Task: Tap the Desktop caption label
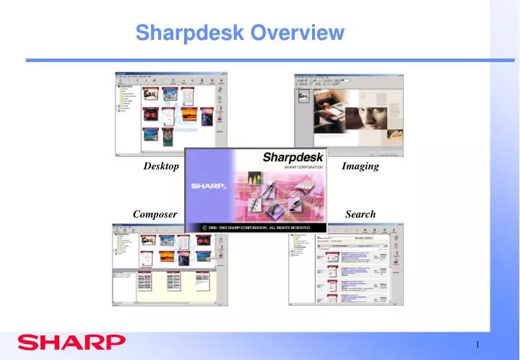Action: [161, 166]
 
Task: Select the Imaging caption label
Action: [360, 166]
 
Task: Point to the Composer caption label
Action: [155, 214]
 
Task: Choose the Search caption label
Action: [360, 214]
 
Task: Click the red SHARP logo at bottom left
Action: [71, 341]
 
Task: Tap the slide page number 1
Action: [478, 343]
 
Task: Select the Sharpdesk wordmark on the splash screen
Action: [287, 157]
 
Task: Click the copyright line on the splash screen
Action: [256, 228]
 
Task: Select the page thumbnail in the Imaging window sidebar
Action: [303, 96]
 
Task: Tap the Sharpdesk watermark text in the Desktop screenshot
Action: [186, 130]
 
